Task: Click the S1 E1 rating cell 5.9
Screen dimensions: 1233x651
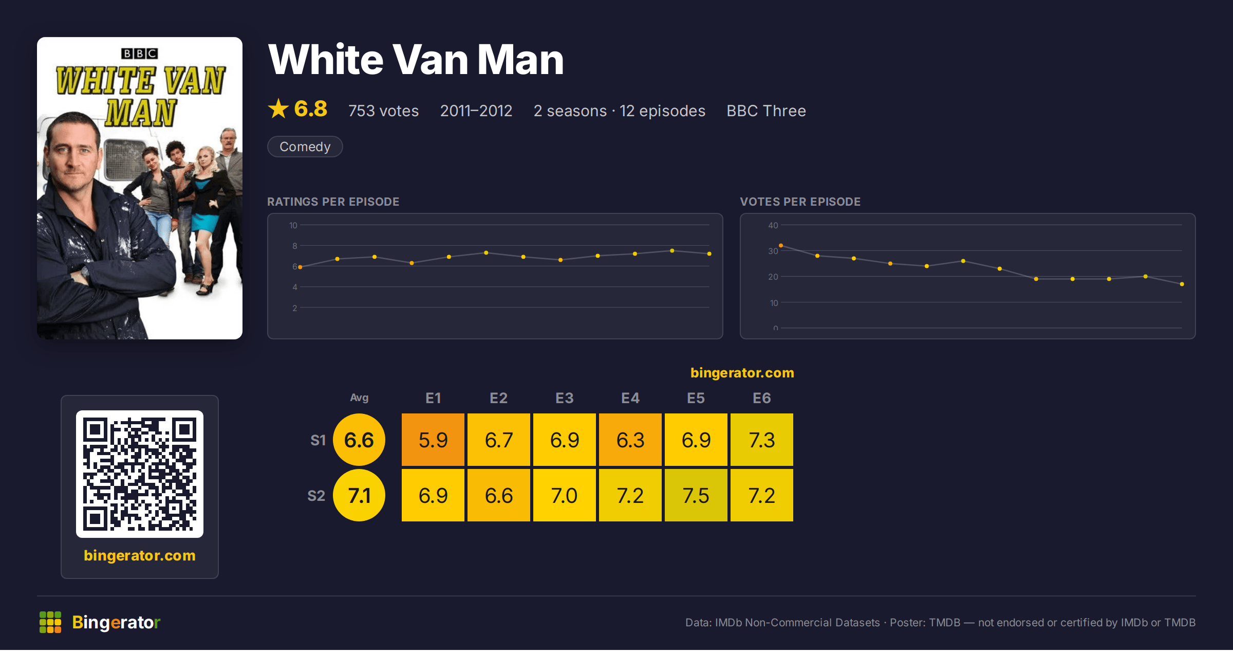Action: coord(433,440)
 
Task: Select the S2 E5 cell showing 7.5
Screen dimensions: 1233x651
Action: coord(696,495)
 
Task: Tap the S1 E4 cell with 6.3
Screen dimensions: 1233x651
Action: coord(630,440)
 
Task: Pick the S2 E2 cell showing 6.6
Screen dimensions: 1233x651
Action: coord(499,495)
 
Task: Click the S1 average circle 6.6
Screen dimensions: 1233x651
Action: coord(359,440)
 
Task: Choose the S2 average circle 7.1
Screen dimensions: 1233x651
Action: coord(359,495)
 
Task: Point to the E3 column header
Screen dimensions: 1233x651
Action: coord(565,398)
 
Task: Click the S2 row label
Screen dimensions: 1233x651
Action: coord(316,496)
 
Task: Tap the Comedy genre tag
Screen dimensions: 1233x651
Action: coord(305,147)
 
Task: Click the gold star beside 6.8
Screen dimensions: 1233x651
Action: coord(278,109)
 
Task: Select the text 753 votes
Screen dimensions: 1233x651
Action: coord(383,111)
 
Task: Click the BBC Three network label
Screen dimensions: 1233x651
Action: coord(766,111)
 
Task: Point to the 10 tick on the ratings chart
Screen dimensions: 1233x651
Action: coord(293,225)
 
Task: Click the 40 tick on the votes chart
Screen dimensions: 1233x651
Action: coord(773,225)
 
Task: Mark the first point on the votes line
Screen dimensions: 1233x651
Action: coord(781,246)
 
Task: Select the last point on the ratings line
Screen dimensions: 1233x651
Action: coord(709,254)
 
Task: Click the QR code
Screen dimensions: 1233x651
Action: coord(140,474)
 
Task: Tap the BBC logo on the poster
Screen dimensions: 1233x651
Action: coord(139,53)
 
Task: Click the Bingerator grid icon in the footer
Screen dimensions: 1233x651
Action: coord(50,622)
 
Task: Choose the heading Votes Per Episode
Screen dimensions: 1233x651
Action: coord(800,202)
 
